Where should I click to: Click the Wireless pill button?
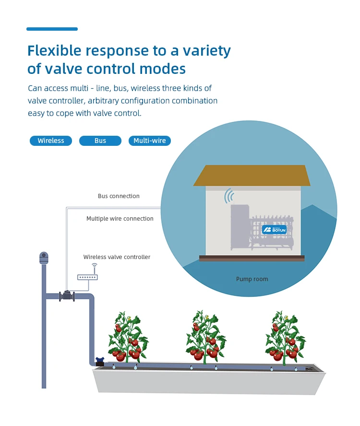pyautogui.click(x=51, y=141)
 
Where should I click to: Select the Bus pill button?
pyautogui.click(x=100, y=141)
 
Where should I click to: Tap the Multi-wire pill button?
pyautogui.click(x=150, y=141)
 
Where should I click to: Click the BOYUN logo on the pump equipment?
pyautogui.click(x=274, y=229)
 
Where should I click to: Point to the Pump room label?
pyautogui.click(x=252, y=279)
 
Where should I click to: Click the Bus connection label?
pyautogui.click(x=119, y=196)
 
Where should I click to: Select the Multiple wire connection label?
pyautogui.click(x=120, y=219)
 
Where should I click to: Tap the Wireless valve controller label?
pyautogui.click(x=117, y=257)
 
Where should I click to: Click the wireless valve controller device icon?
pyautogui.click(x=87, y=277)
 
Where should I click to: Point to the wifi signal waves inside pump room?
pyautogui.click(x=229, y=196)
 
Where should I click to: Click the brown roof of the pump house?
pyautogui.click(x=252, y=175)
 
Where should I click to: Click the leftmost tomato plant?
pyautogui.click(x=127, y=338)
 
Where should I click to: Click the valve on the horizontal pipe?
pyautogui.click(x=67, y=296)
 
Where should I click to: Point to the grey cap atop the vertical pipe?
pyautogui.click(x=44, y=258)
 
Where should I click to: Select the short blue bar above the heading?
pyautogui.click(x=52, y=29)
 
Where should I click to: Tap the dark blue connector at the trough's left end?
pyautogui.click(x=100, y=361)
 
